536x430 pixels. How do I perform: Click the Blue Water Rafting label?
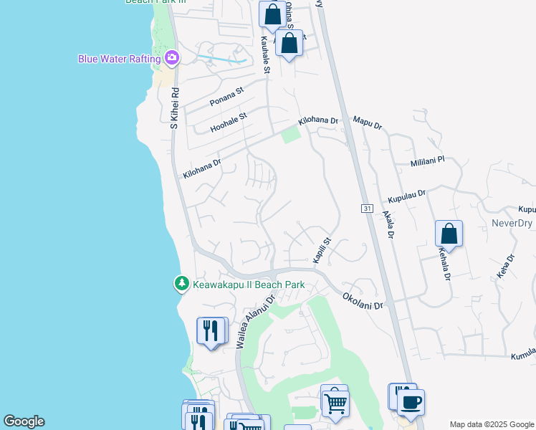pyautogui.click(x=119, y=59)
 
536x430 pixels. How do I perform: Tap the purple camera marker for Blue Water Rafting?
pyautogui.click(x=171, y=57)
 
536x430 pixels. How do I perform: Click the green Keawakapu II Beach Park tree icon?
pyautogui.click(x=182, y=285)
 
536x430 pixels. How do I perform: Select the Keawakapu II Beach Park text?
pyautogui.click(x=249, y=285)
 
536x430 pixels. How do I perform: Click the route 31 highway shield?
pyautogui.click(x=367, y=208)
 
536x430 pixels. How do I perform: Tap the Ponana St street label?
pyautogui.click(x=226, y=97)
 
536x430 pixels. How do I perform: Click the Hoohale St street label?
pyautogui.click(x=228, y=122)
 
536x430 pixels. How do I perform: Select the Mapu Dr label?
pyautogui.click(x=368, y=123)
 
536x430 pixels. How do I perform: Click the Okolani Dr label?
pyautogui.click(x=363, y=300)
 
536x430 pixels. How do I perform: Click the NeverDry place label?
pyautogui.click(x=513, y=223)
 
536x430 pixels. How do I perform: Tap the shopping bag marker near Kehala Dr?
pyautogui.click(x=449, y=234)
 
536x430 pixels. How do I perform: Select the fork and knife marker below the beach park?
pyautogui.click(x=211, y=331)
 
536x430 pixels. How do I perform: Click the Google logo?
pyautogui.click(x=24, y=421)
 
